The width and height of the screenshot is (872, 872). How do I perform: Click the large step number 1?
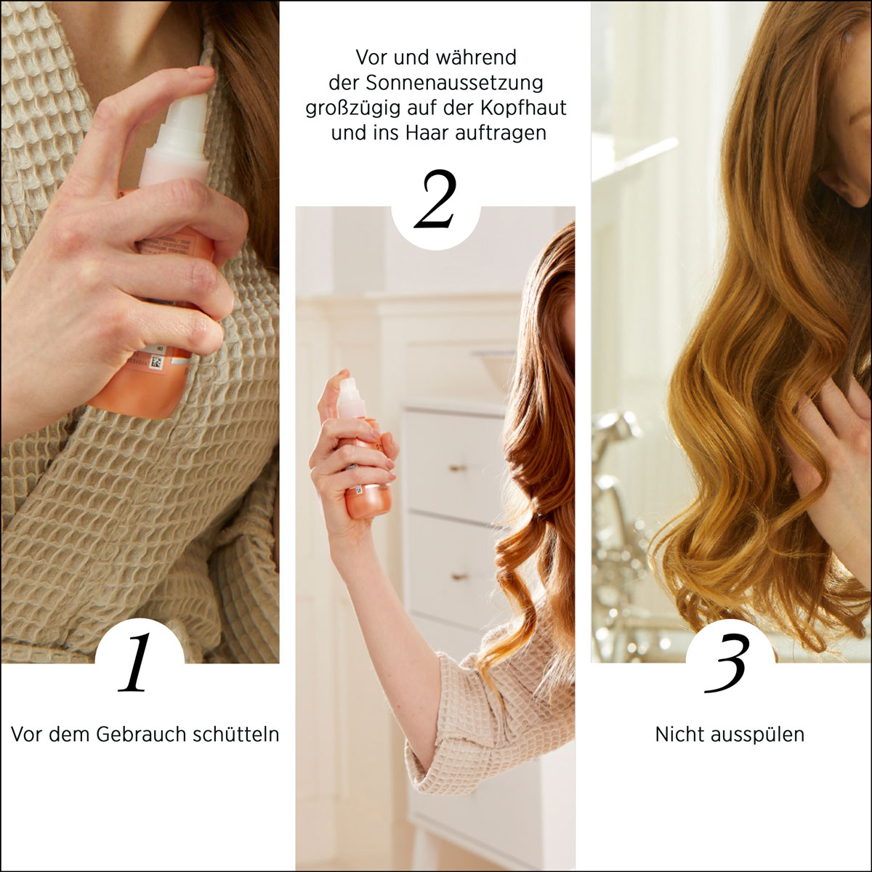click(x=135, y=662)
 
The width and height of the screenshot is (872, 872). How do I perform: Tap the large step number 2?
click(x=435, y=199)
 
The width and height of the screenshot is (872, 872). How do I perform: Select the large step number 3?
click(x=725, y=663)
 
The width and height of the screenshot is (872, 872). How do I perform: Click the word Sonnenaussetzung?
click(x=454, y=83)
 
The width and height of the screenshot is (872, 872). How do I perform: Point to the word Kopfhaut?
click(x=523, y=108)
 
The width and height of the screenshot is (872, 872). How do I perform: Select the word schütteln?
click(x=235, y=734)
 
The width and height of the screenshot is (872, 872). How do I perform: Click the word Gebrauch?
click(x=141, y=734)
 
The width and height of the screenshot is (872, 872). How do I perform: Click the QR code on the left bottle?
click(x=156, y=363)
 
